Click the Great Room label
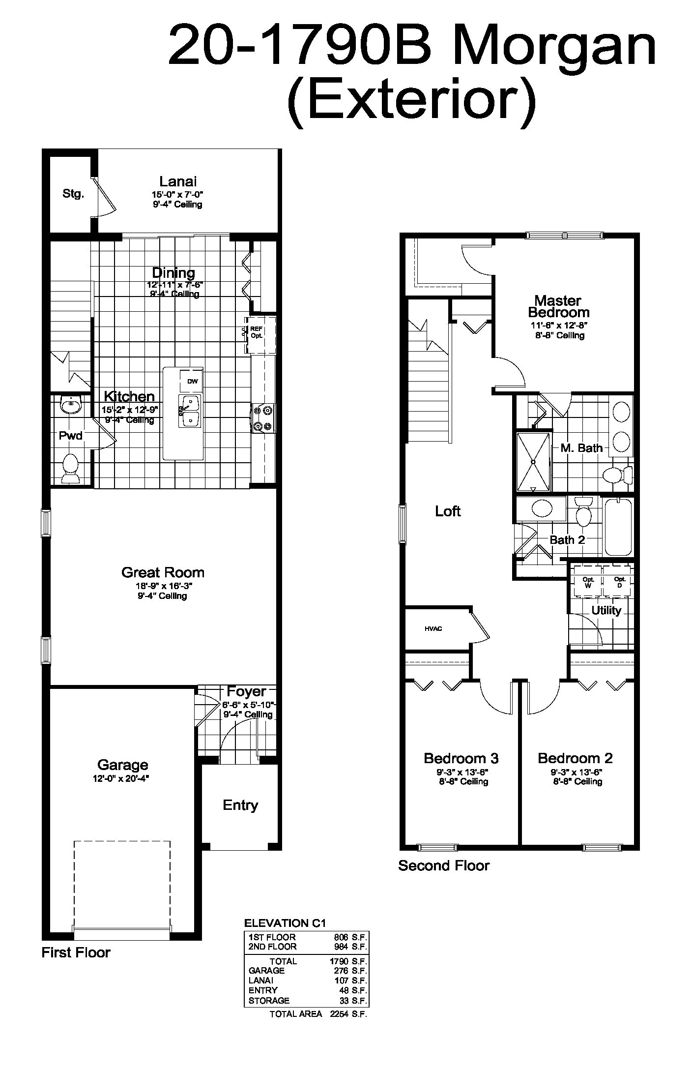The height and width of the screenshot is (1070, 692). (x=163, y=572)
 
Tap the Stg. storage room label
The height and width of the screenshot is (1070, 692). (x=73, y=194)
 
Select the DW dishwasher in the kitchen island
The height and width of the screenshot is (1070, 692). (x=192, y=381)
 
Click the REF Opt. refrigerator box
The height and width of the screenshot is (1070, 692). (x=260, y=335)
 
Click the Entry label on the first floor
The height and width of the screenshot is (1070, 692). (x=240, y=805)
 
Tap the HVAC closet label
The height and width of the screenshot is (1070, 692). (x=433, y=628)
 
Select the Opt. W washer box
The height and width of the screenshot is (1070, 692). (x=588, y=582)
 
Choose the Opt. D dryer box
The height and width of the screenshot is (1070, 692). (x=619, y=582)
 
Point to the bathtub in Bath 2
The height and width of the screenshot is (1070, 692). (x=618, y=527)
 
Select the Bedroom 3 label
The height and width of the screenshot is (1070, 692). (x=461, y=758)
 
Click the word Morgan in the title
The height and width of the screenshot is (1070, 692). (x=555, y=45)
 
